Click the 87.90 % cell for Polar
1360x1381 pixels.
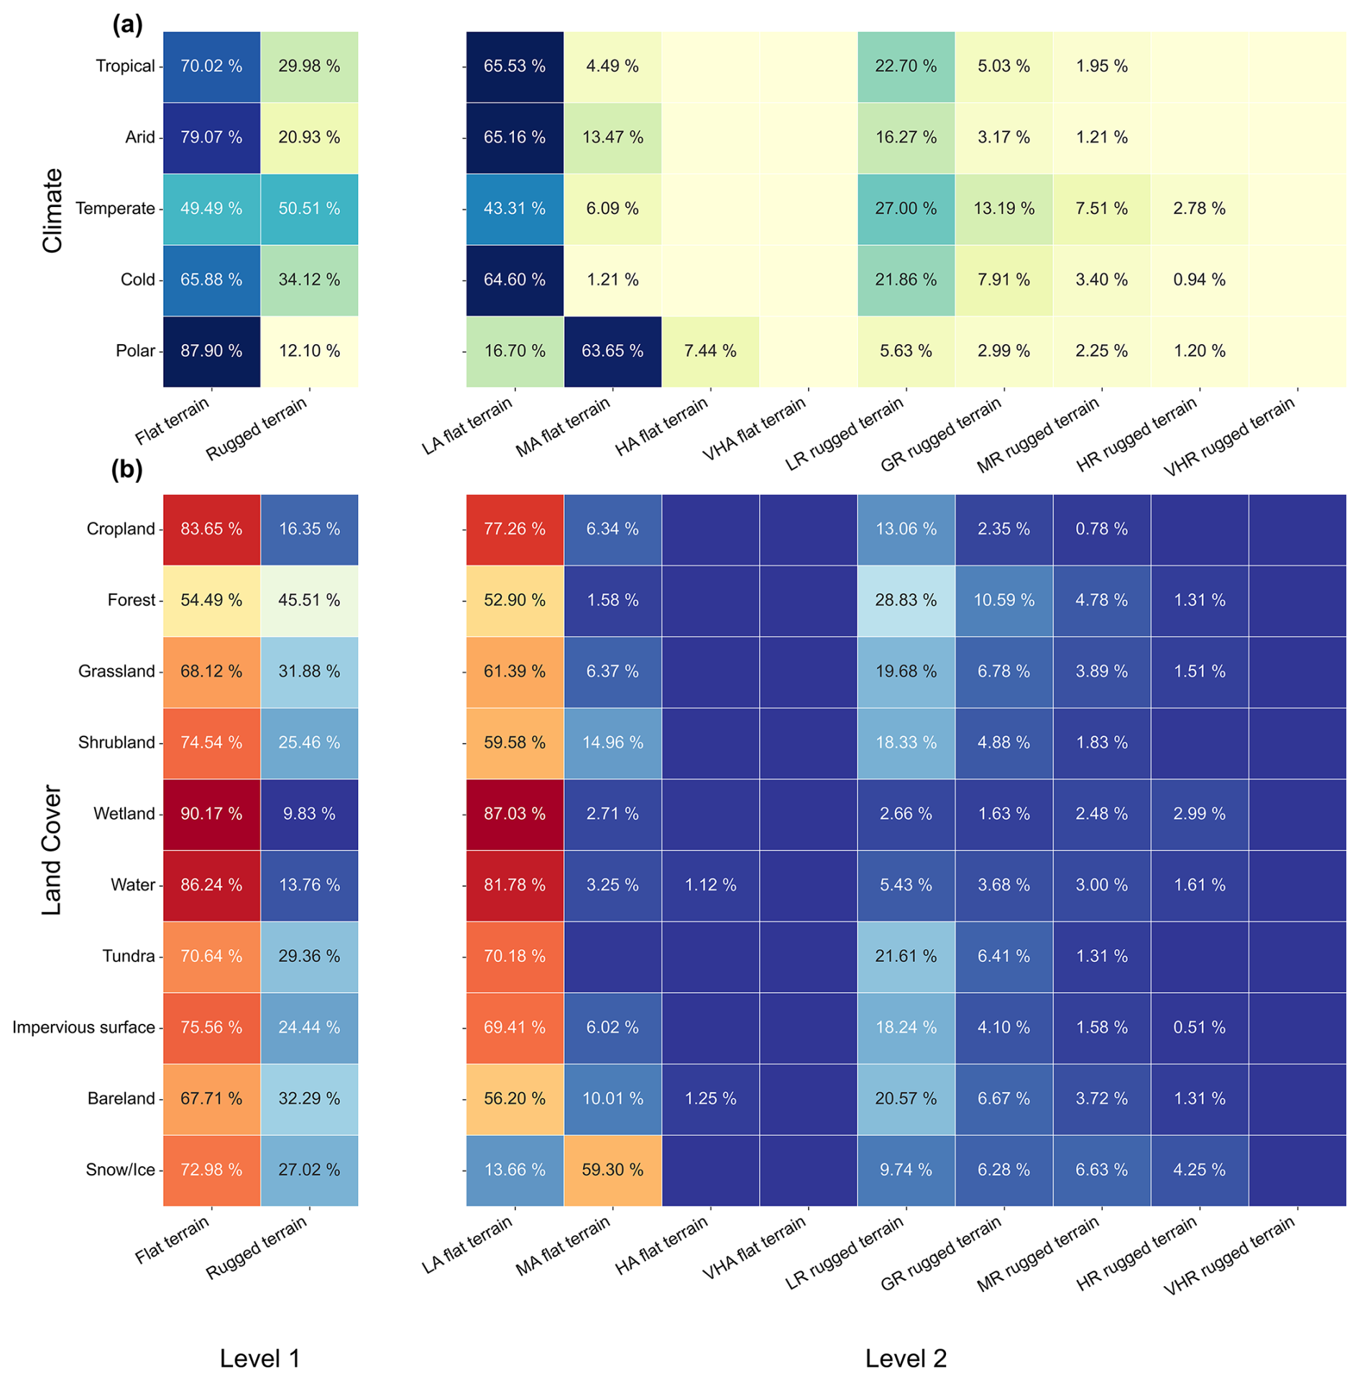(211, 351)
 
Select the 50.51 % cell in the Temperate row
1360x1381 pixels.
(309, 209)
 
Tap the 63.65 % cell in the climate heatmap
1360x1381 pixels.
(612, 351)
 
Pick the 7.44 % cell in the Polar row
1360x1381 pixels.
(710, 351)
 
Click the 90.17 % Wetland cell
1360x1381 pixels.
(211, 814)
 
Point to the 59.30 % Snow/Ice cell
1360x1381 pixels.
(612, 1170)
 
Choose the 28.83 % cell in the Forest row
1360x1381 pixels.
(906, 601)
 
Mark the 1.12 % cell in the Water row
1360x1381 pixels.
(710, 885)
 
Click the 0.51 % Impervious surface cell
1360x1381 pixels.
(1199, 1027)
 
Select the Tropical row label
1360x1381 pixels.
(125, 66)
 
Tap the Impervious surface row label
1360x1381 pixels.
(83, 1027)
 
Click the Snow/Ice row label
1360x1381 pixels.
(120, 1170)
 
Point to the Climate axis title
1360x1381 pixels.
(52, 211)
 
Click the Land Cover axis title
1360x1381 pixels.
(52, 850)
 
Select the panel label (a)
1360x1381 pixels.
(127, 25)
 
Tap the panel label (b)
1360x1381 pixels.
(127, 469)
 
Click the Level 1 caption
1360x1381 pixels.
(259, 1358)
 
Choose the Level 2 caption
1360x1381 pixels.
(906, 1358)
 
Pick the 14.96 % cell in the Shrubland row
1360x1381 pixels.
(612, 743)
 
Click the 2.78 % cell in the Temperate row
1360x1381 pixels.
(1199, 209)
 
